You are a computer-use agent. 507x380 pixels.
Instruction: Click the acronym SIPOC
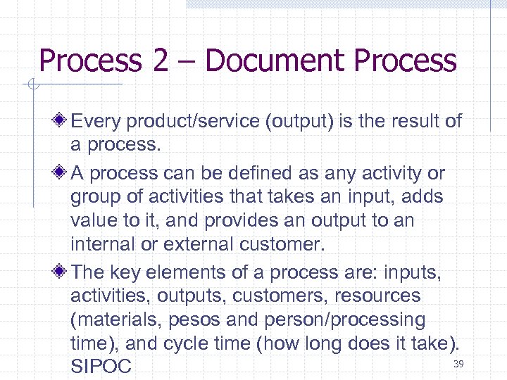(x=101, y=367)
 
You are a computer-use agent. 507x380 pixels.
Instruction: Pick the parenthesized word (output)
(x=299, y=121)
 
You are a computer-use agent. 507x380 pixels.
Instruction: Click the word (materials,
(x=115, y=320)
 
